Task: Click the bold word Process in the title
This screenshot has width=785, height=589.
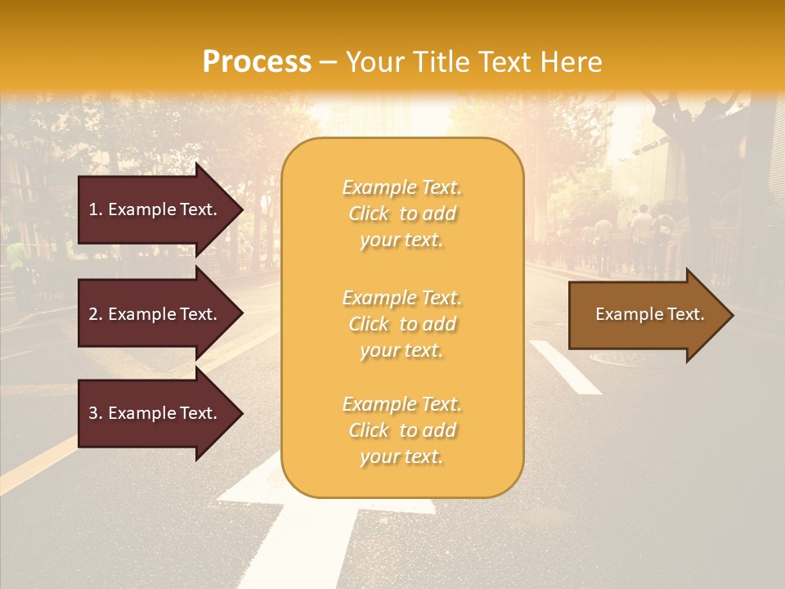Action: tap(257, 62)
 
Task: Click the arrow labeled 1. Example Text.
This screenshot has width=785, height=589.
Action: tap(155, 209)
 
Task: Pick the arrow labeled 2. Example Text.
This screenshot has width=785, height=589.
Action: tap(155, 314)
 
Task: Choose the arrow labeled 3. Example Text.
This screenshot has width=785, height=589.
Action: tap(155, 413)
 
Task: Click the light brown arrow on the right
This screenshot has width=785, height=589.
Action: tap(646, 315)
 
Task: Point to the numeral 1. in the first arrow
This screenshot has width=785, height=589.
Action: tap(96, 209)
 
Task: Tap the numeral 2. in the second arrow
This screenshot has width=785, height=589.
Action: tap(96, 314)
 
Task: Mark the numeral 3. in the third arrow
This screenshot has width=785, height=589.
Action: tap(96, 413)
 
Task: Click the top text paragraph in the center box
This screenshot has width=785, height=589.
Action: tap(401, 214)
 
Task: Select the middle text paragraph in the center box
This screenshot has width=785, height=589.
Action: tap(401, 324)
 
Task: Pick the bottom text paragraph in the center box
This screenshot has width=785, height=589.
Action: tap(401, 430)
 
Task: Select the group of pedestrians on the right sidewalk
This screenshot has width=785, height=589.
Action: tap(642, 229)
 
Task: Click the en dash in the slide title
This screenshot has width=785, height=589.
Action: tap(328, 63)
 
